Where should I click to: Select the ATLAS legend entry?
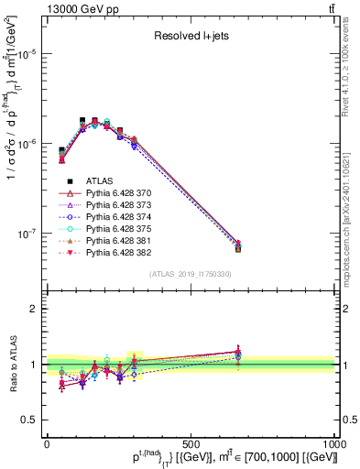(x=98, y=181)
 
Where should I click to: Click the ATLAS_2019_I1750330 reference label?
(x=190, y=274)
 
